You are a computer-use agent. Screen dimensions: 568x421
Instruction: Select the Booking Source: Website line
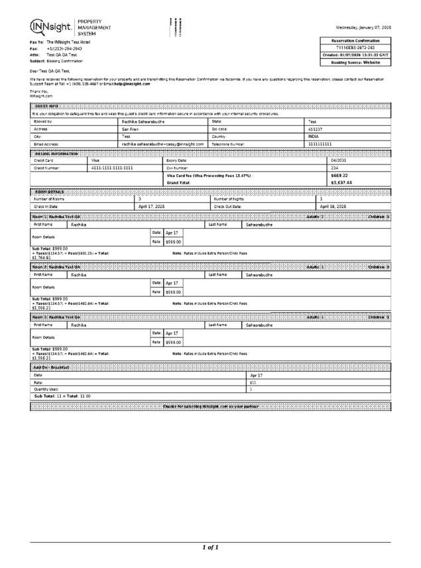pos(356,62)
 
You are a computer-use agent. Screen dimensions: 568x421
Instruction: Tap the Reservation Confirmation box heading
pos(356,40)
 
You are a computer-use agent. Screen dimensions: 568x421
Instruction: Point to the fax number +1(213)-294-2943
pos(64,48)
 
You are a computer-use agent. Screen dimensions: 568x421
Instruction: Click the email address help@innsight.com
pos(132,84)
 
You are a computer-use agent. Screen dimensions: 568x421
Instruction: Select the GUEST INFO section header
pos(45,106)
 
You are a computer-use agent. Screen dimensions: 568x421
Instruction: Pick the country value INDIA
pos(314,136)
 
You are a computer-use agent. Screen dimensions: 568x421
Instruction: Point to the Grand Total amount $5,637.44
pos(341,182)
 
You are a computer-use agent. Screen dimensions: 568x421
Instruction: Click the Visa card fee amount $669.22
pos(339,175)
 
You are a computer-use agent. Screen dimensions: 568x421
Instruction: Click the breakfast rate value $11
pos(253,382)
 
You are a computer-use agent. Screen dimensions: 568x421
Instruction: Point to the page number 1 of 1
pos(210,547)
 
